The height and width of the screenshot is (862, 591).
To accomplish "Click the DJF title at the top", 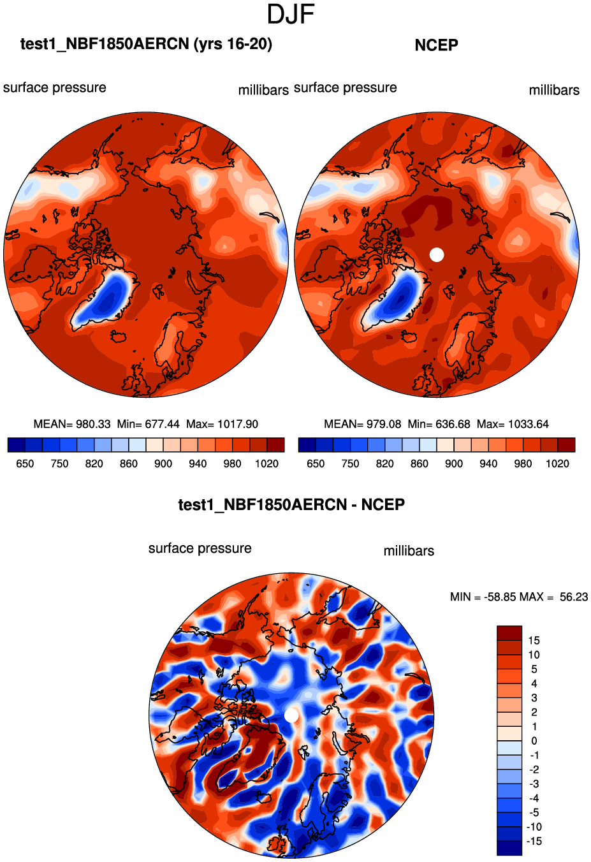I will coord(291,14).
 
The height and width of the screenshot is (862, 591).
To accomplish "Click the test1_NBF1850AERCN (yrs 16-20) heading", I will coord(146,44).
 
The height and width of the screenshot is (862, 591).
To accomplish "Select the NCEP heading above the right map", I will coord(436,45).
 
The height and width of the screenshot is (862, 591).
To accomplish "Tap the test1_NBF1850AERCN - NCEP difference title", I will coord(291,505).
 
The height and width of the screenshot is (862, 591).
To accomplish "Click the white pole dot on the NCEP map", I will coord(437,254).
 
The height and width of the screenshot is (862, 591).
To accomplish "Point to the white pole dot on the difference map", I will coord(291,715).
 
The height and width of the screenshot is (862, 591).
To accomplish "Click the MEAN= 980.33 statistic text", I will coord(71,424).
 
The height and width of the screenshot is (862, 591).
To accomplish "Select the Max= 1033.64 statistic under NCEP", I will coord(513,424).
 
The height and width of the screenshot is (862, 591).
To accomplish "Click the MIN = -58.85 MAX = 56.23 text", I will coord(519,597).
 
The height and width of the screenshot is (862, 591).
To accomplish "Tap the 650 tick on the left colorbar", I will coord(25,464).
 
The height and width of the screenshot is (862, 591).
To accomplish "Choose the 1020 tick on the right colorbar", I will coord(557,464).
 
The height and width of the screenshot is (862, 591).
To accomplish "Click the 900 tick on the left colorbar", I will coord(163,464).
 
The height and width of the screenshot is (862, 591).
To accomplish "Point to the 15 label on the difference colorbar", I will coord(534,641).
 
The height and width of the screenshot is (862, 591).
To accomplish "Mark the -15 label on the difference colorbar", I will coord(534,842).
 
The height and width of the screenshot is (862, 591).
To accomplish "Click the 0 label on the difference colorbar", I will coord(534,741).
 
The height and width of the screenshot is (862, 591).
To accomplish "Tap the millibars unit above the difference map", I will coord(409,551).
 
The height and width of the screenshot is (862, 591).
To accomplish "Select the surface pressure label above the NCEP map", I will coord(345,88).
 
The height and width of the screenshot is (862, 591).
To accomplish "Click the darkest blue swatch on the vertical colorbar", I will coord(509,848).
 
